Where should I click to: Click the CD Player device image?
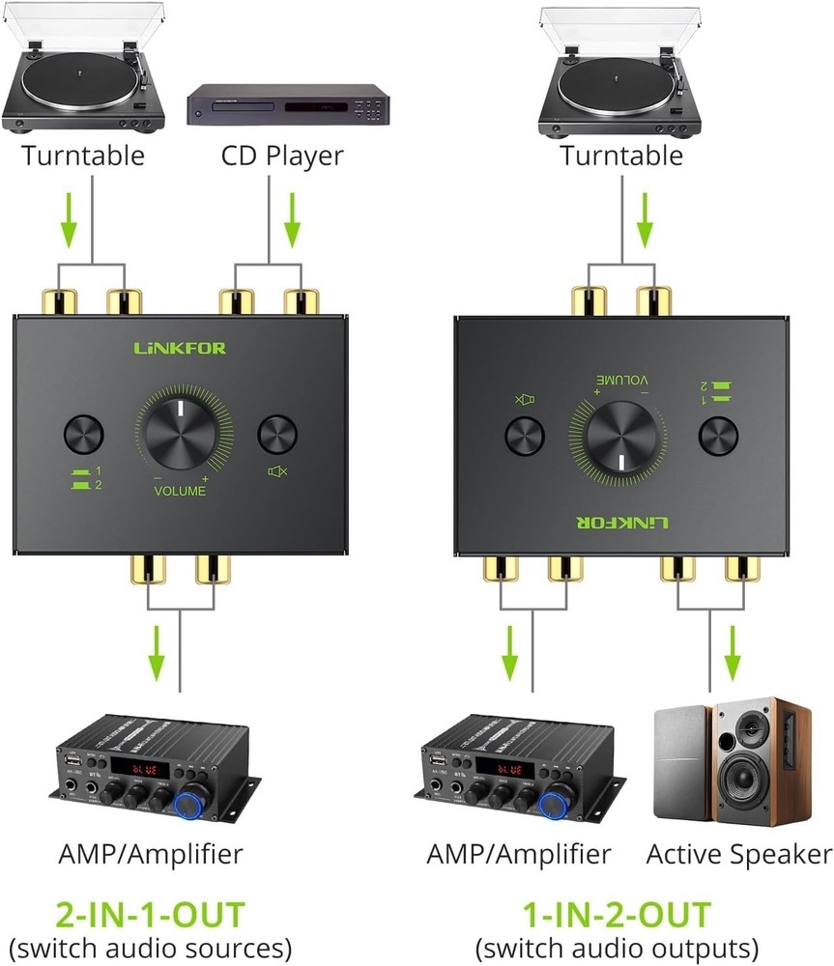[x=287, y=106]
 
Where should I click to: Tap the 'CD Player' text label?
[x=281, y=155]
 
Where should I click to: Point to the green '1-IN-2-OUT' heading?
[x=617, y=914]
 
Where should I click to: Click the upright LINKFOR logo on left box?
[x=181, y=348]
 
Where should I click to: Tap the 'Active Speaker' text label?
[x=738, y=854]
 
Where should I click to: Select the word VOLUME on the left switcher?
[x=180, y=491]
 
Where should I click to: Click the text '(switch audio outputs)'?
[x=617, y=947]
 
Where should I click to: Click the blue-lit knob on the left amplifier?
[x=189, y=801]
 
